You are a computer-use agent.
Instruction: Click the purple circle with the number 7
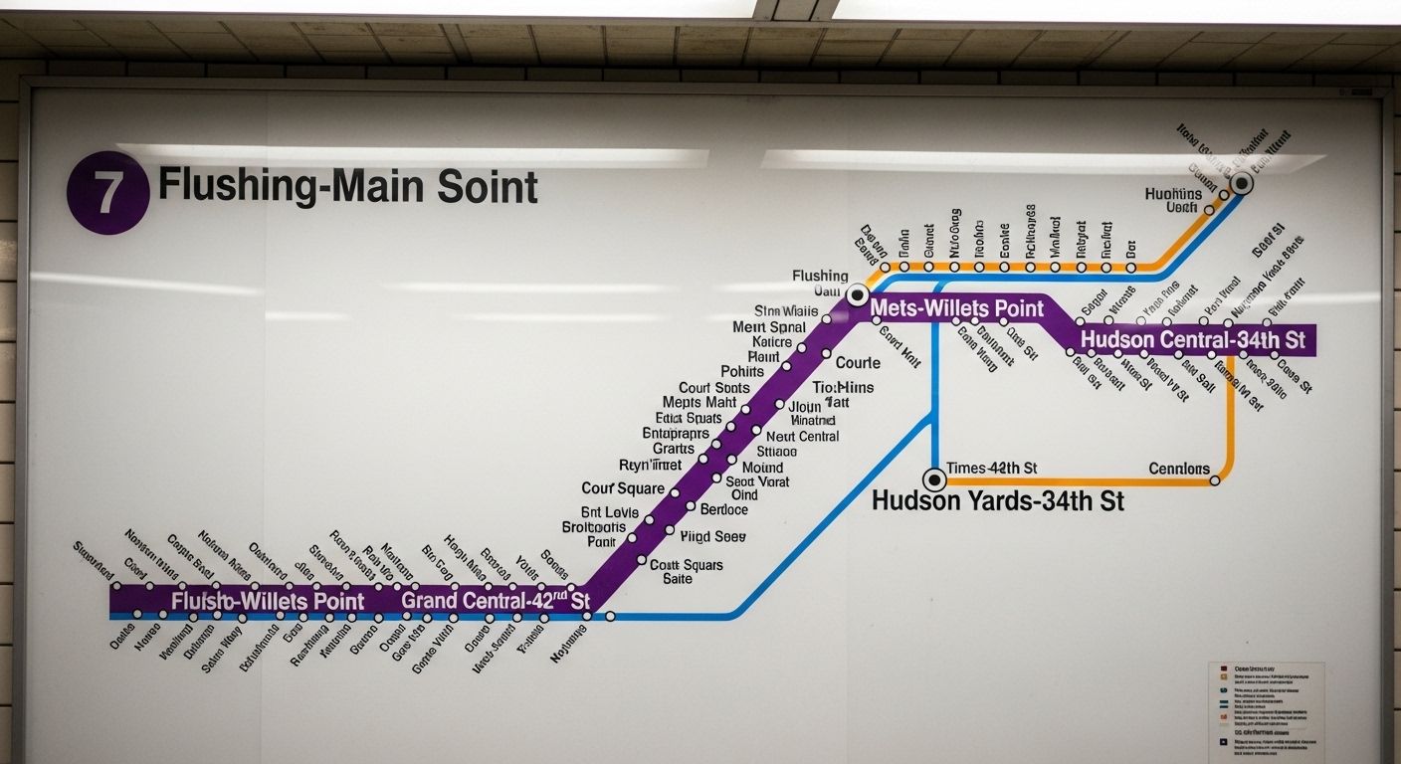pos(107,193)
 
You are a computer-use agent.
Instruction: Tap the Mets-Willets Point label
pos(957,308)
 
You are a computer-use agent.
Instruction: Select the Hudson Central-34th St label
pos(1192,340)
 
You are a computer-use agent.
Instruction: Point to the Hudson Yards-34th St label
pos(997,500)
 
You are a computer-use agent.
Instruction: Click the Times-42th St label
pos(991,468)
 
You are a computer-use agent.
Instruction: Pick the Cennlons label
pos(1179,469)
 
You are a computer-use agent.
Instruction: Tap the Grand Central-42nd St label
pos(496,601)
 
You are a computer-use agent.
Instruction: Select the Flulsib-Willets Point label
pos(268,601)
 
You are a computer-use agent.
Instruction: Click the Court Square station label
pos(623,488)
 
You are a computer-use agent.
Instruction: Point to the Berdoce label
pos(723,509)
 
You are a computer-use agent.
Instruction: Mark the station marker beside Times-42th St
pos(933,479)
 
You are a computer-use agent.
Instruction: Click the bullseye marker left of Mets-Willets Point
pos(858,294)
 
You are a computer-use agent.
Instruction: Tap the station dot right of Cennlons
pos(1215,480)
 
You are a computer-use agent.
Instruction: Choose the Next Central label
pos(802,436)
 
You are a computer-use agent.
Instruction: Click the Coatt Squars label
pos(687,564)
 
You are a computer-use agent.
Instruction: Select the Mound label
pos(762,467)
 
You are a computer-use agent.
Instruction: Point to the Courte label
pos(858,362)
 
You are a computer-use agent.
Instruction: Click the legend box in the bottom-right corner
pos(1266,707)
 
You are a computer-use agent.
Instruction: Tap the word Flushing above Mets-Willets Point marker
pos(820,276)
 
